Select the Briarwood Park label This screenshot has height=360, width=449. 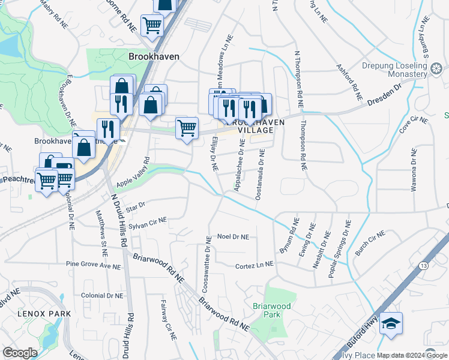[x=272, y=310]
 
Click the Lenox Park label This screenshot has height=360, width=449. [x=44, y=314]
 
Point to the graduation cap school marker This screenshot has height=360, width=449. [x=391, y=324]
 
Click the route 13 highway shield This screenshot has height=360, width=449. [x=424, y=265]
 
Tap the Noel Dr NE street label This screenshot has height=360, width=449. [x=233, y=237]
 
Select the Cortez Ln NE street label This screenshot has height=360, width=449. [x=255, y=265]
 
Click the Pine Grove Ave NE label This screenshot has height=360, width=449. [x=94, y=265]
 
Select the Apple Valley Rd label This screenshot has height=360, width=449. [x=133, y=172]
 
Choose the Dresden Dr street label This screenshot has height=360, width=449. [x=390, y=97]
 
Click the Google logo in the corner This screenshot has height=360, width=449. [x=19, y=353]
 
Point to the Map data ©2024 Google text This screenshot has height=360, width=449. [x=412, y=355]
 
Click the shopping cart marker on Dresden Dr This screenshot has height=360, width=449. [x=187, y=128]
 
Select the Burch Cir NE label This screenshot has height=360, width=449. [x=369, y=243]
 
